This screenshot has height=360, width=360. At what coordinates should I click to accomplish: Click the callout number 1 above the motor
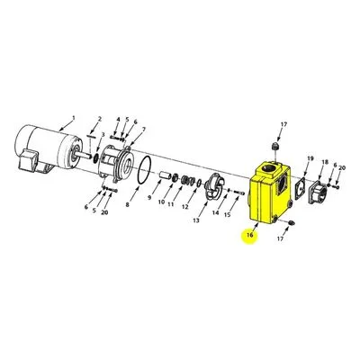point(73,118)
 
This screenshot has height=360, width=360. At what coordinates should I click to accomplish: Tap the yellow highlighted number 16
point(250,235)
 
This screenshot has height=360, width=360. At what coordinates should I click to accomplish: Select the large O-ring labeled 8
point(145,170)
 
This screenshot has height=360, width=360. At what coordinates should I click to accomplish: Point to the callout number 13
point(196,220)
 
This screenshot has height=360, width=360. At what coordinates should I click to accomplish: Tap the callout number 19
point(310,158)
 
